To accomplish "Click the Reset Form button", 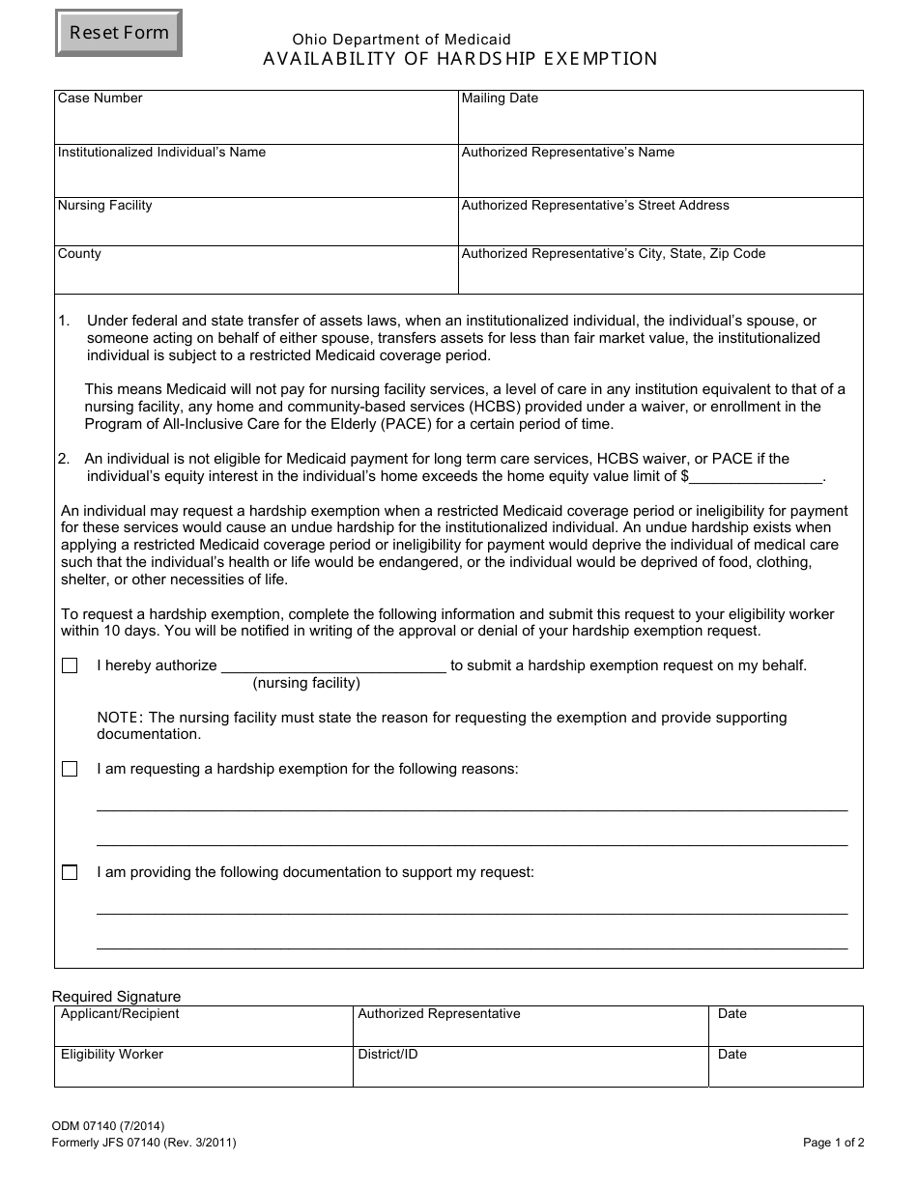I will pos(119,33).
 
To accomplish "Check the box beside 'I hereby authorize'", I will pos(70,666).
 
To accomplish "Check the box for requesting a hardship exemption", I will pos(70,770).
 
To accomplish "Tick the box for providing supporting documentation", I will pos(70,873).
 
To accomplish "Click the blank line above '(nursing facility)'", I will pos(334,665).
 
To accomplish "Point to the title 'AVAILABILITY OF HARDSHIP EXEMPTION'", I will pos(460,59).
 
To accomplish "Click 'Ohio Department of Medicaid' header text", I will pos(402,40).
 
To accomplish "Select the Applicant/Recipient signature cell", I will pos(203,1030).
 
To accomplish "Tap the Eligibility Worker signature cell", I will pos(203,1070).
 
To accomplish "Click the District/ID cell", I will pos(530,1070).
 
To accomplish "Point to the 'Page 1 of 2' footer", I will pos(833,1143).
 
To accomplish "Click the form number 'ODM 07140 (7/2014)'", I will pos(108,1125).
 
